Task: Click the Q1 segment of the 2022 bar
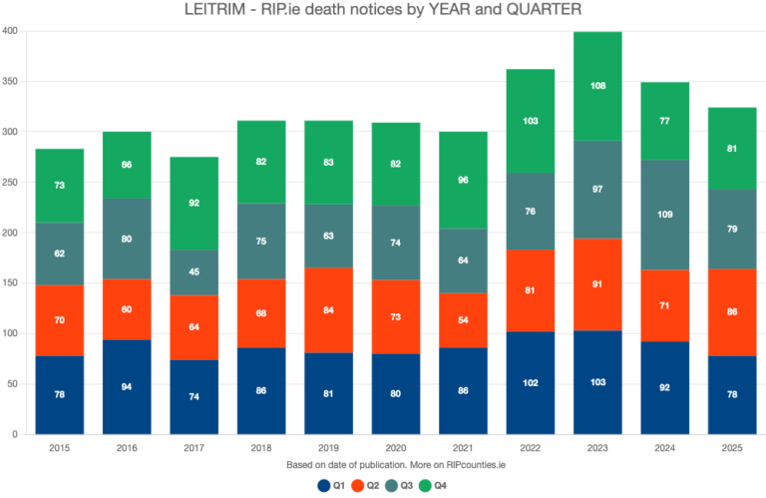(x=531, y=383)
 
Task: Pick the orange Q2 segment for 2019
(x=327, y=309)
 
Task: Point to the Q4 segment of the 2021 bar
(x=463, y=181)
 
